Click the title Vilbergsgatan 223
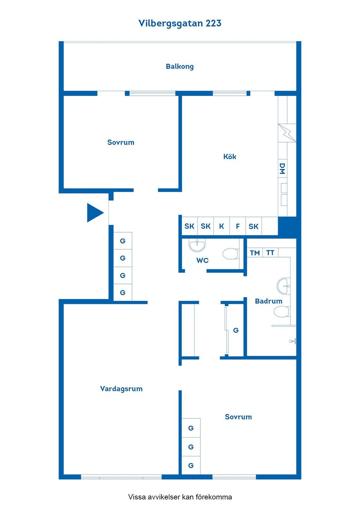pyautogui.click(x=180, y=23)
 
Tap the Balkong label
pyautogui.click(x=180, y=66)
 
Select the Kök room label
pyautogui.click(x=229, y=157)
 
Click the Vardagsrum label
pyautogui.click(x=121, y=389)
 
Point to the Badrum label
pyautogui.click(x=268, y=301)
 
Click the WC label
pyautogui.click(x=202, y=260)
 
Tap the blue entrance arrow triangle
pyautogui.click(x=94, y=213)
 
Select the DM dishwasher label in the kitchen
pyautogui.click(x=282, y=169)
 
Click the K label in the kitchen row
pyautogui.click(x=222, y=226)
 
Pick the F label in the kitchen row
pyautogui.click(x=238, y=226)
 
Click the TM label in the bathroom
pyautogui.click(x=255, y=253)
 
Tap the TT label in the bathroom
pyautogui.click(x=270, y=253)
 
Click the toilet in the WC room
pyautogui.click(x=230, y=254)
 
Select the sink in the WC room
pyautogui.click(x=197, y=245)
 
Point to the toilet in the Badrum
pyautogui.click(x=281, y=311)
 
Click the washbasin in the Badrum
pyautogui.click(x=283, y=286)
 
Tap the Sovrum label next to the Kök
pyautogui.click(x=121, y=142)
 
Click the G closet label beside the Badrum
pyautogui.click(x=236, y=330)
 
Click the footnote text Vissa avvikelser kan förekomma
pyautogui.click(x=180, y=497)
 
